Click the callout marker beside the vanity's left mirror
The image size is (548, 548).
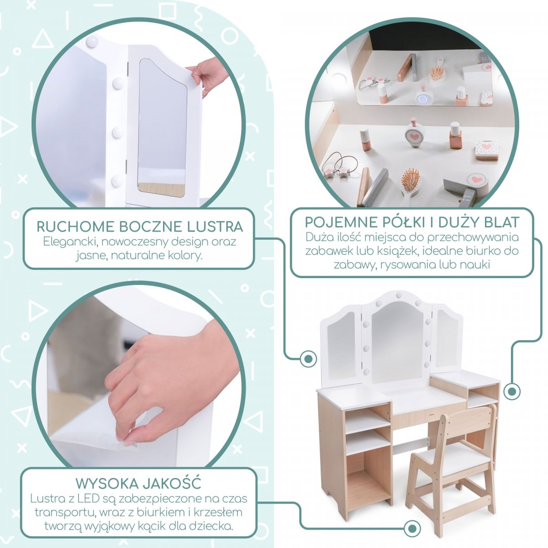point(308,358)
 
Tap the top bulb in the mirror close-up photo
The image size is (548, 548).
point(92,42)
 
